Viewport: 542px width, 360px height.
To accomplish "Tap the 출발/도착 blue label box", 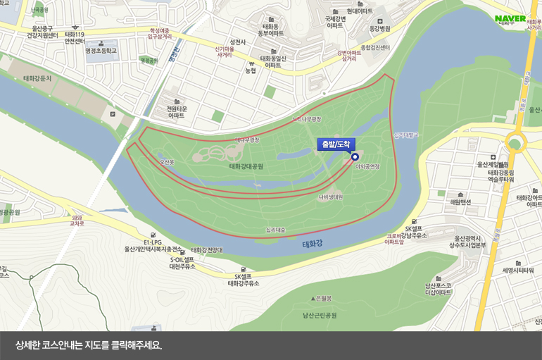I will click(336, 144).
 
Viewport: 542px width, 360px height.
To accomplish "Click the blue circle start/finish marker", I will click(355, 156).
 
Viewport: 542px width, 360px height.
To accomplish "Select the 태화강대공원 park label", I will click(246, 166).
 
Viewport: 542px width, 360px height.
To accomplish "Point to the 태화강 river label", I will click(312, 244).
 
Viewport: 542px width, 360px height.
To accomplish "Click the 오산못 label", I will click(167, 163).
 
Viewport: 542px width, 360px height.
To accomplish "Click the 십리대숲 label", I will click(275, 230).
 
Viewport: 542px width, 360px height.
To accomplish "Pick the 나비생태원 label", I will click(330, 197).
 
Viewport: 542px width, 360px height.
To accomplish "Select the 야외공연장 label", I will click(367, 167).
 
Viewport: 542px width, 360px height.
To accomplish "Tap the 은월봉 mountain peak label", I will click(325, 298).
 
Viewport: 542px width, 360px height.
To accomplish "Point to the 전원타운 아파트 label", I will click(175, 112).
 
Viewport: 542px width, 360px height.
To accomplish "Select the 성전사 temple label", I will click(237, 42).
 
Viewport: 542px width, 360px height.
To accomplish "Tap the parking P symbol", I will click(112, 113).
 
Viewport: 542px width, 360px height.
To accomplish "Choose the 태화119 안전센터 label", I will click(75, 37).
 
